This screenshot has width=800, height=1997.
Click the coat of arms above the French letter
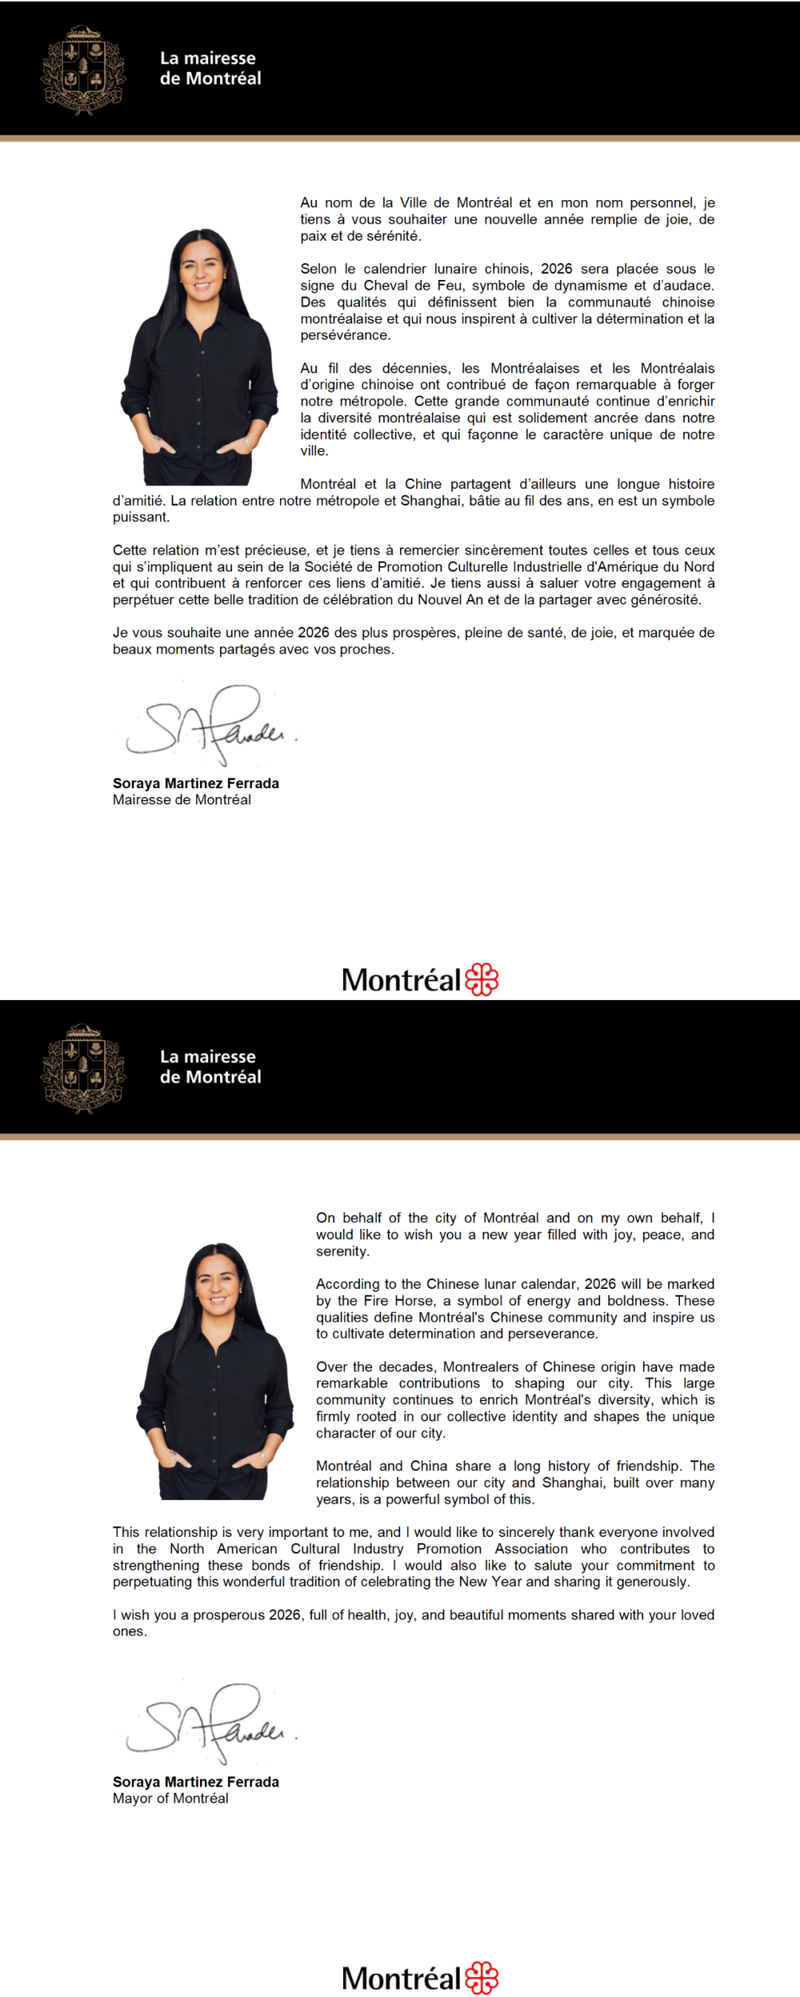point(83,70)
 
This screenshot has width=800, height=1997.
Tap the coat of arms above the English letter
point(83,1068)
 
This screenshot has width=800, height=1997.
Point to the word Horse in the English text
point(414,1300)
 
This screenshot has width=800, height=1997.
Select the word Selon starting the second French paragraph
point(319,269)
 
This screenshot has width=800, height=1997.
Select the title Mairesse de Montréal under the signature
point(181,799)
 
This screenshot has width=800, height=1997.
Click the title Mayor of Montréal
point(170,1798)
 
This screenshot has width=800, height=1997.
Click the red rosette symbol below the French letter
point(481,979)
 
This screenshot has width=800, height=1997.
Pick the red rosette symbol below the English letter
point(481,1977)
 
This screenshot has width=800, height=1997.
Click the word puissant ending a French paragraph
point(140,517)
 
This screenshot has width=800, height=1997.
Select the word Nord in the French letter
point(699,567)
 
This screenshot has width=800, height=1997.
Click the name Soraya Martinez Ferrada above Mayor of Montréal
point(196,1781)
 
